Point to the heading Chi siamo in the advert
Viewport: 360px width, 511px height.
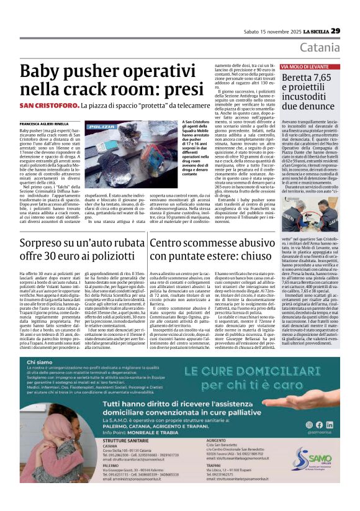40,362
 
